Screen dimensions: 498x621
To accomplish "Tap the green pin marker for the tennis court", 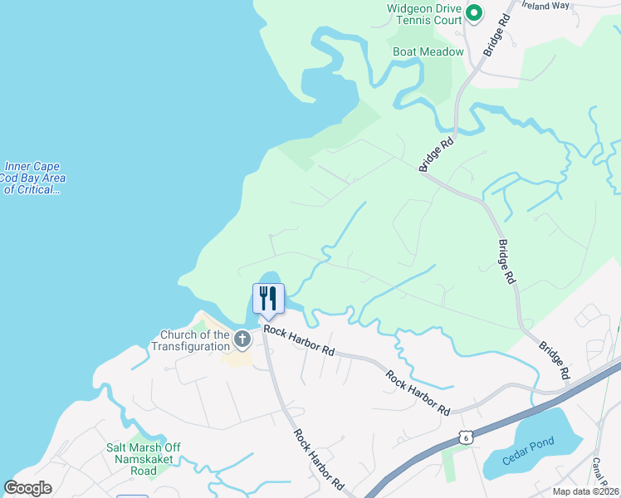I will coord(474,12).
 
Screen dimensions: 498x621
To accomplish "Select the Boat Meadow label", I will coord(428,51).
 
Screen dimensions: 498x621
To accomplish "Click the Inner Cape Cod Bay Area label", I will coord(33,178).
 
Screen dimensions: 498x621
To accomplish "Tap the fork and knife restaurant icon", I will coord(268,298).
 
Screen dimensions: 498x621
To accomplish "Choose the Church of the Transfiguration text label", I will coord(195,340).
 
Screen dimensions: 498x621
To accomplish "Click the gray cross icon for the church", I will coord(242,339).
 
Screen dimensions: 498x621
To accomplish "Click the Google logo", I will coord(27,487).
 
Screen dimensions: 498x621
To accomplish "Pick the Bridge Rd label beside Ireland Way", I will coord(496,34).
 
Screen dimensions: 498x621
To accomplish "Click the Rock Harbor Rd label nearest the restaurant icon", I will coord(299,340).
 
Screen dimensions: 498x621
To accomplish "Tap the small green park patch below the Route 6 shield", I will coord(450,464).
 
